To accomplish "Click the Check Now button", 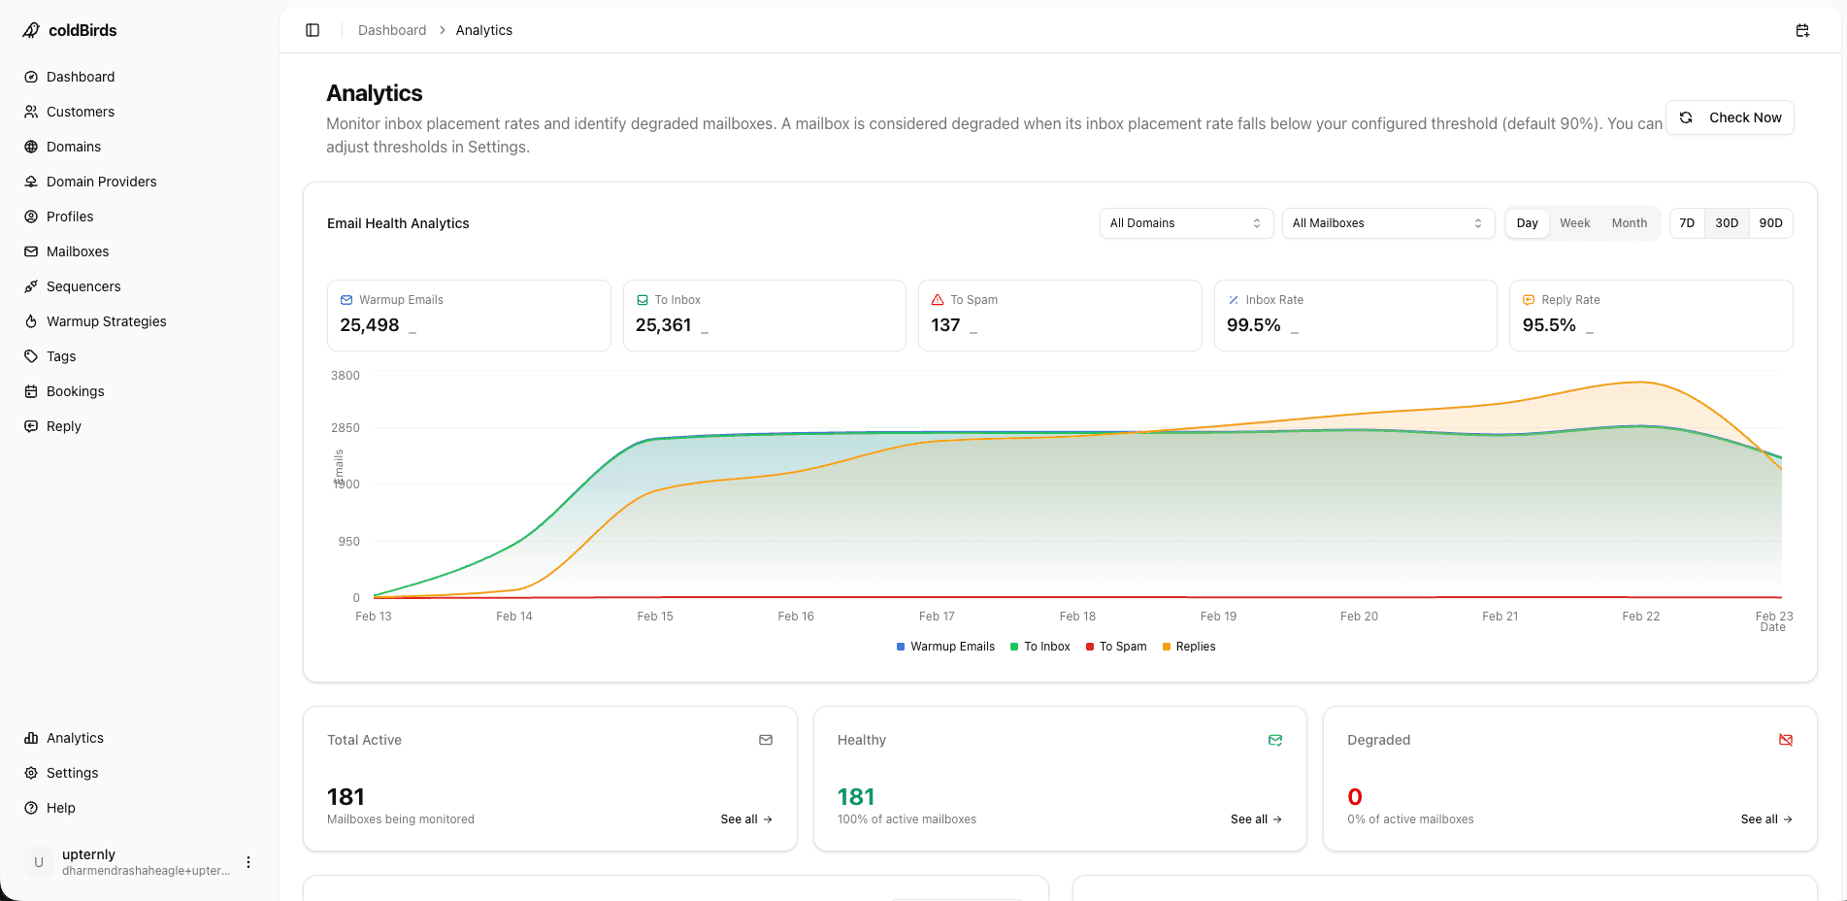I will [x=1731, y=117].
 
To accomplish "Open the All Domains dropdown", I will [x=1185, y=223].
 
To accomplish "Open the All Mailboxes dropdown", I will [x=1387, y=223].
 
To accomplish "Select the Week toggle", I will [x=1574, y=223].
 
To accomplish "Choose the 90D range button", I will [x=1770, y=223].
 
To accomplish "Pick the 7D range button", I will [x=1687, y=223].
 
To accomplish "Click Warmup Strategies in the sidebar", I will [x=106, y=321].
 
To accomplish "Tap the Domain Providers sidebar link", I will [x=101, y=182].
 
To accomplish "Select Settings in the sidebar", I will [x=72, y=773].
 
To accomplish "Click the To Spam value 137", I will [x=945, y=325].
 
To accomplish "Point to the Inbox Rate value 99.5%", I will [x=1253, y=325].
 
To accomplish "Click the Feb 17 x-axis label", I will [x=937, y=617].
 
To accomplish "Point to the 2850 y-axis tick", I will [x=346, y=428].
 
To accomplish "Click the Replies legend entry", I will [x=1189, y=647].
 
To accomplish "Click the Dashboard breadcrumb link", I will [x=392, y=30].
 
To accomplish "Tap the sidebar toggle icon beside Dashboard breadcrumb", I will [x=313, y=30].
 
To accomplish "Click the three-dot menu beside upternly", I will [x=248, y=862].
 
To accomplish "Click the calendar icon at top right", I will [x=1802, y=30].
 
